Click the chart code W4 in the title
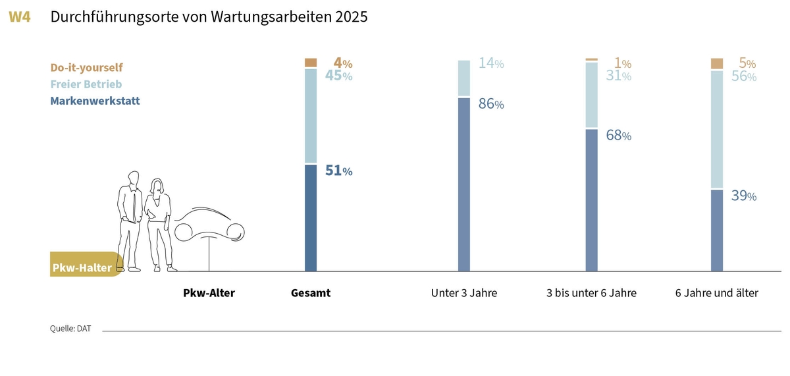pos(20,18)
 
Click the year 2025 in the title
pos(351,18)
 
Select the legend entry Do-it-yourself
pos(86,67)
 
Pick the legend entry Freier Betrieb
pos(86,84)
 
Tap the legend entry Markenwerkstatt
pos(95,101)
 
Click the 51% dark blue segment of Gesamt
pos(311,217)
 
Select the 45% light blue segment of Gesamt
pos(311,116)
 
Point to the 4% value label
pos(343,64)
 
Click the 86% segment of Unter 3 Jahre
pos(464,184)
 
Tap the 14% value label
pos(490,64)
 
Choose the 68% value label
pos(618,136)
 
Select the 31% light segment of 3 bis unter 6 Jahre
pos(592,94)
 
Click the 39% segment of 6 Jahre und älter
pos(717,230)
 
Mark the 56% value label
pos(743,76)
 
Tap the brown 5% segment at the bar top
pos(717,63)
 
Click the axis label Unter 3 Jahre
pos(464,293)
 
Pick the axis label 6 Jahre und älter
pos(717,293)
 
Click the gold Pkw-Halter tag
pos(82,267)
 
